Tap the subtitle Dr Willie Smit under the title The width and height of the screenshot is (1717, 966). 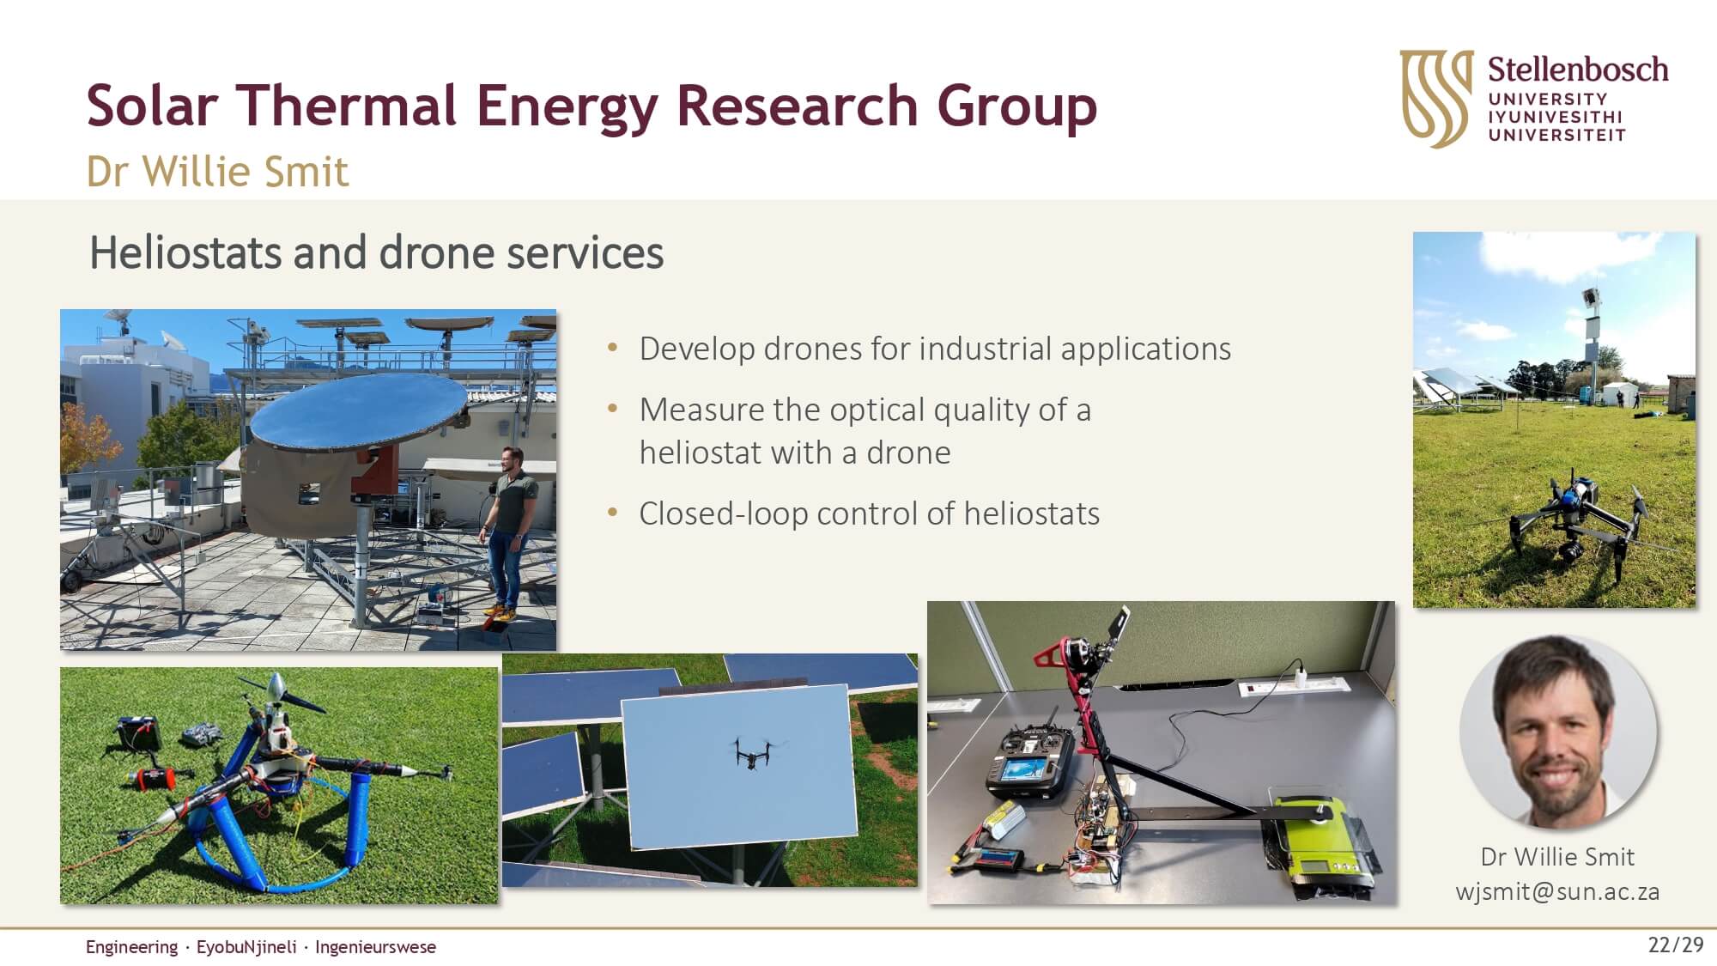click(217, 172)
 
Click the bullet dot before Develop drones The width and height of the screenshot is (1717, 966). click(612, 348)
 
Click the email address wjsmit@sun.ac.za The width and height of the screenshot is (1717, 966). click(1557, 891)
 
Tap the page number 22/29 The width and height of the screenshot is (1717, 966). click(1675, 945)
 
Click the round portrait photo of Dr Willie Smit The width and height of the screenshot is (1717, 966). click(1557, 732)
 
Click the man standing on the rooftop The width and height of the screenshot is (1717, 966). click(509, 531)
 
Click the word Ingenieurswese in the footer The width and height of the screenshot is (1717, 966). click(375, 947)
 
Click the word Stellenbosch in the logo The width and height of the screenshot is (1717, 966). click(1578, 69)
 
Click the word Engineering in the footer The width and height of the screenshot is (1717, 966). click(131, 947)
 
